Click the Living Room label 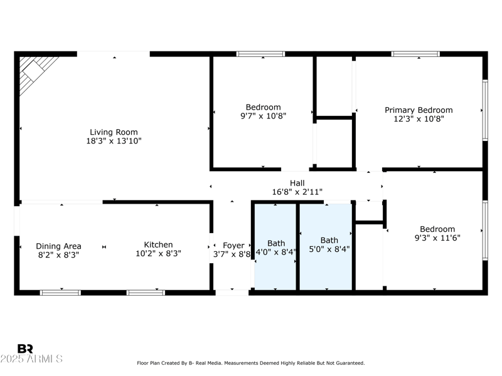(x=114, y=132)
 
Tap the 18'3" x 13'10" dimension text (x=114, y=142)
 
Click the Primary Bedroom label (x=418, y=110)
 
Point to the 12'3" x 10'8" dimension (x=418, y=119)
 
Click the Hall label (x=297, y=183)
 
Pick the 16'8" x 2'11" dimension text (x=297, y=192)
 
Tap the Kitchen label (x=158, y=245)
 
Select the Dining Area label (x=58, y=246)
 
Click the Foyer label (x=233, y=246)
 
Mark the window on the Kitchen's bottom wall (x=146, y=292)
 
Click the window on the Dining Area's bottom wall (x=60, y=292)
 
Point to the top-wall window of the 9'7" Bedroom (x=260, y=54)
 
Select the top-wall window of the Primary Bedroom (x=415, y=54)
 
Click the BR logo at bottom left (x=25, y=348)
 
